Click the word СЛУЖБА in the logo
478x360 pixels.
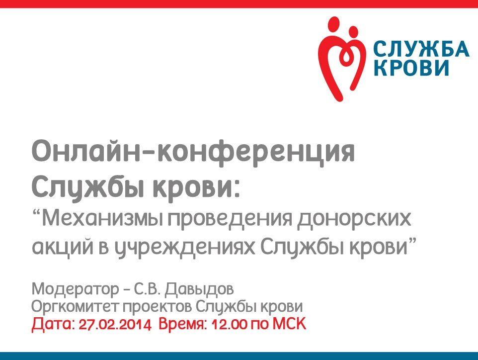pos(420,49)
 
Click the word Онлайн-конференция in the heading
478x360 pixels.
pos(193,152)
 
